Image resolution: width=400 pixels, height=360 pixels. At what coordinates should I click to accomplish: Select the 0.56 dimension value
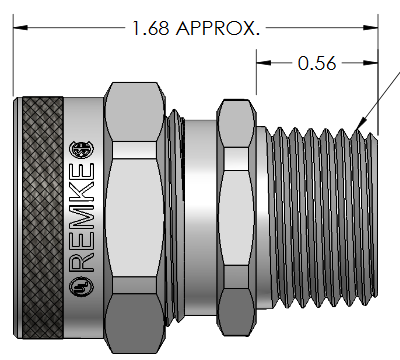(x=318, y=64)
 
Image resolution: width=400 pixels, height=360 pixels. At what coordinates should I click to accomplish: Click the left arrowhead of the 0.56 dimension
(x=263, y=64)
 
